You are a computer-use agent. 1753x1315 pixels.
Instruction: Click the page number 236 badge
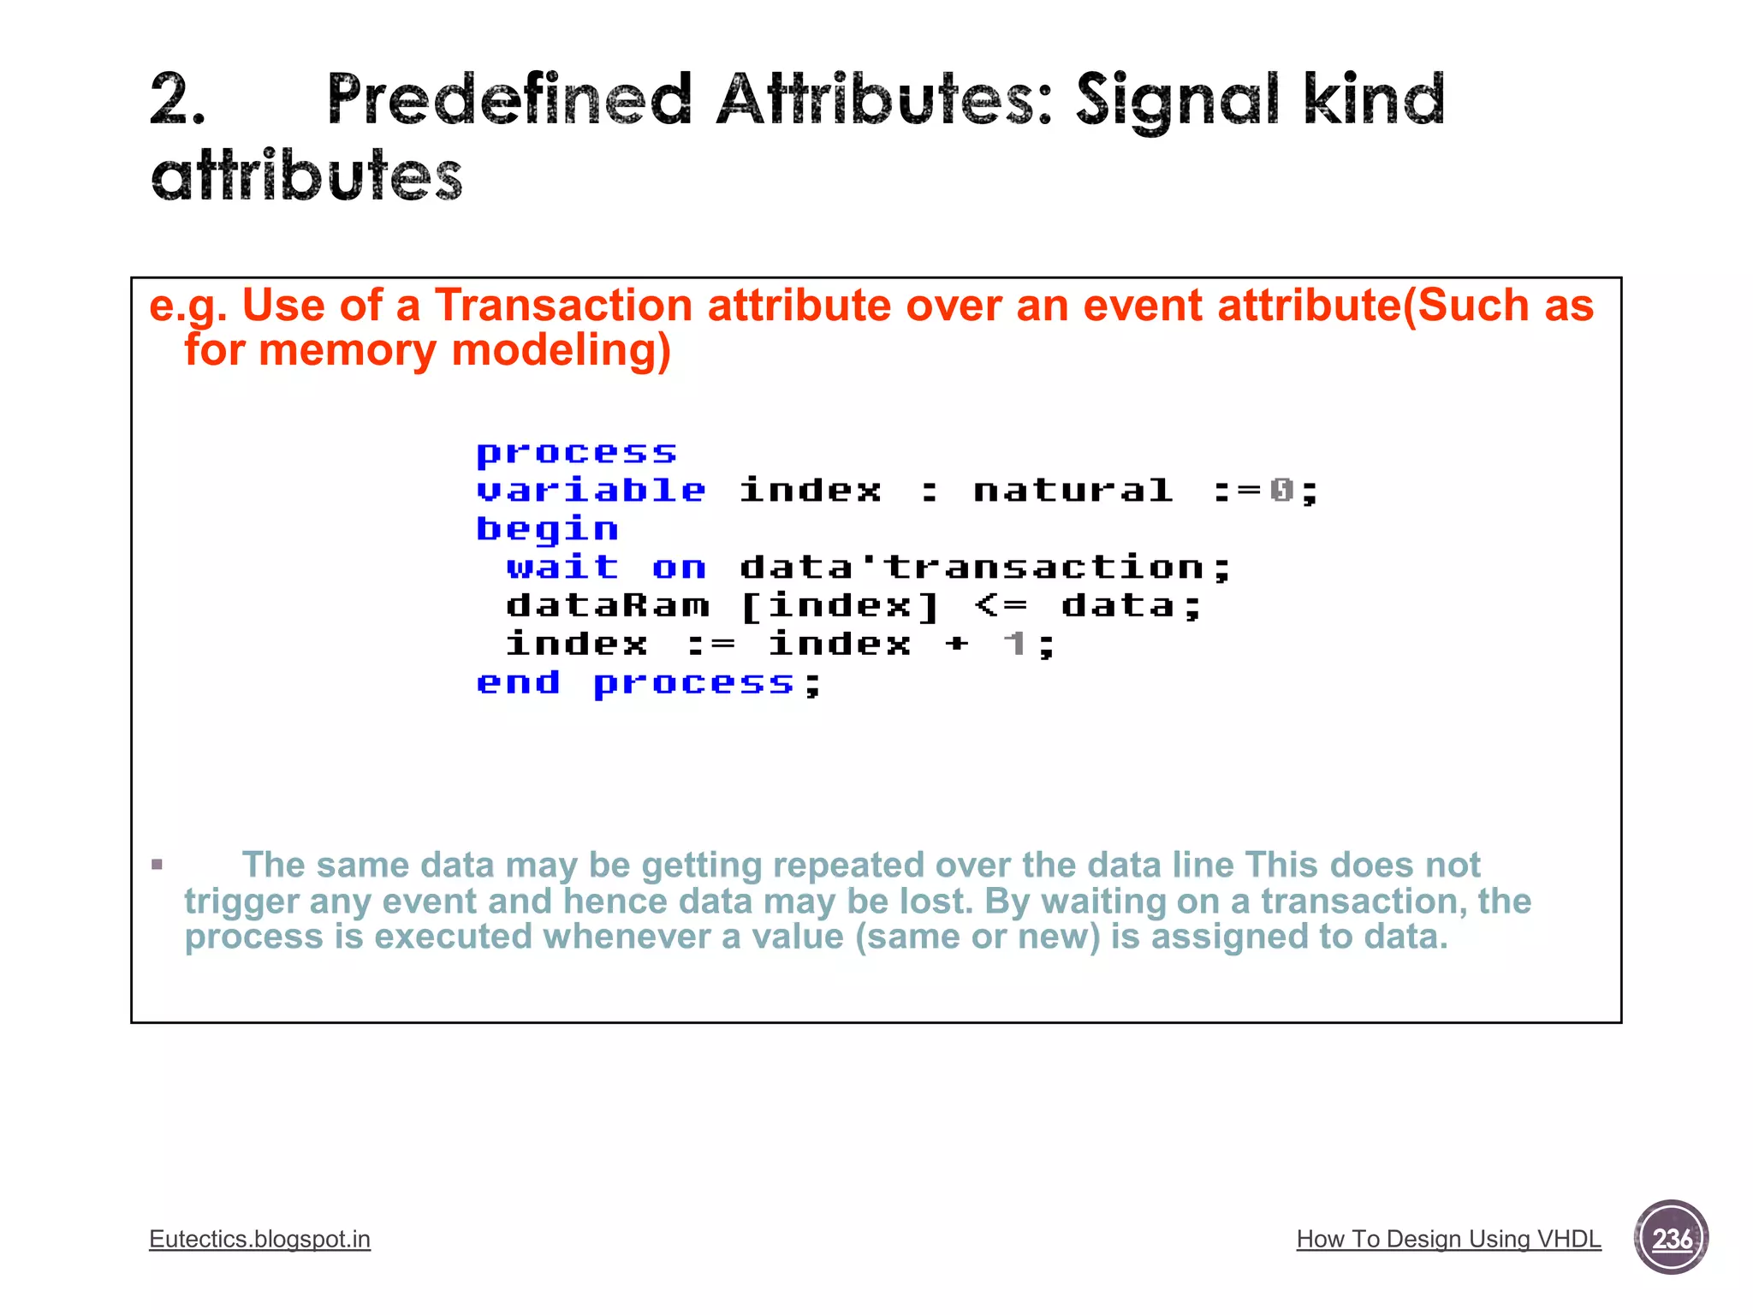1671,1238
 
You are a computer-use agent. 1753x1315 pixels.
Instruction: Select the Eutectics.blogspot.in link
259,1239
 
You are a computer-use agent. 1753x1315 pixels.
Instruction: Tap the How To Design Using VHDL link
1448,1239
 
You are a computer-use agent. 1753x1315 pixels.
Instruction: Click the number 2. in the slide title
178,100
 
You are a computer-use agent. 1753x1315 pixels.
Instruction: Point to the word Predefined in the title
508,100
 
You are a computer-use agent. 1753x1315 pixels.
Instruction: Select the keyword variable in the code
591,491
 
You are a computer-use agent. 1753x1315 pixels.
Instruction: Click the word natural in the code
1073,491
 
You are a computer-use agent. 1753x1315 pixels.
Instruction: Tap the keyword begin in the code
547,530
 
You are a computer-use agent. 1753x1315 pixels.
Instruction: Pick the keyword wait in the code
562,568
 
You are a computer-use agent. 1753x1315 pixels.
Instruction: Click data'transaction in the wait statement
984,568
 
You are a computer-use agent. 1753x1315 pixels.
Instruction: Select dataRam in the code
608,606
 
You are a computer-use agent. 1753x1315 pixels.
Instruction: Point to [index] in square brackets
840,606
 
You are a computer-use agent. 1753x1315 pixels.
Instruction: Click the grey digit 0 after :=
1281,491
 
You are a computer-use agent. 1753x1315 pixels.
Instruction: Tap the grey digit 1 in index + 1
1015,644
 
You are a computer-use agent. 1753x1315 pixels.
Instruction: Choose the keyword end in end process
519,683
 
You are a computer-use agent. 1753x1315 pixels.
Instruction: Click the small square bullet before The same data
157,865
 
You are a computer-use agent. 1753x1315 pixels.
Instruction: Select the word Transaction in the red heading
563,306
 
